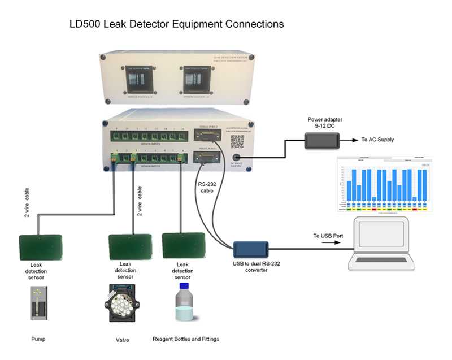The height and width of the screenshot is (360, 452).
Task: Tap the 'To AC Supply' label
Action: coord(377,140)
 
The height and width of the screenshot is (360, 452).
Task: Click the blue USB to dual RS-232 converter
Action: coord(251,248)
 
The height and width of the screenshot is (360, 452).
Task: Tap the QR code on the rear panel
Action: coord(236,141)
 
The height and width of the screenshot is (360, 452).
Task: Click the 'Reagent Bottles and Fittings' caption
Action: coord(186,339)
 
